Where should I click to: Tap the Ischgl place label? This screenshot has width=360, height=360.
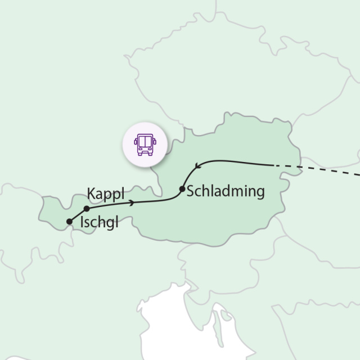pyautogui.click(x=100, y=222)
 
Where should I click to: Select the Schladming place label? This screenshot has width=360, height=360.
pyautogui.click(x=225, y=191)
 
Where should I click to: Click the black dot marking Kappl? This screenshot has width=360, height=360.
pyautogui.click(x=87, y=209)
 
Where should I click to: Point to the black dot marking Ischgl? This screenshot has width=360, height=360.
pyautogui.click(x=69, y=221)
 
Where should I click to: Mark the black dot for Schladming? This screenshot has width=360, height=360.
pyautogui.click(x=182, y=189)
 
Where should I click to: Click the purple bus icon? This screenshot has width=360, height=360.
pyautogui.click(x=146, y=145)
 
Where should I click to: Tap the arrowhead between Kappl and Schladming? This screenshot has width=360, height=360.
pyautogui.click(x=132, y=202)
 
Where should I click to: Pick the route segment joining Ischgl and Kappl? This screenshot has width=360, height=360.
pyautogui.click(x=78, y=215)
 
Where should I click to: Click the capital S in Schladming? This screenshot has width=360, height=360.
pyautogui.click(x=190, y=191)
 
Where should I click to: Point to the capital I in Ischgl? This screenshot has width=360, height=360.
pyautogui.click(x=82, y=222)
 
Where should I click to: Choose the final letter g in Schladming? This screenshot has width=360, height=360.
pyautogui.click(x=259, y=193)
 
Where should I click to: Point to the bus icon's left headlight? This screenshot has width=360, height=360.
pyautogui.click(x=140, y=150)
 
